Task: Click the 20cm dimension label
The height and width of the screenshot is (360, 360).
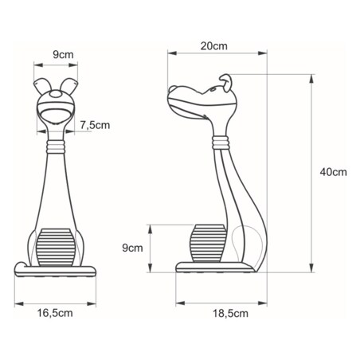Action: [x=211, y=47]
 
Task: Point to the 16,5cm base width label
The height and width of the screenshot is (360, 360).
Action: [x=55, y=313]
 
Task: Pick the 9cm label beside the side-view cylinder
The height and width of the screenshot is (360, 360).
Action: [x=133, y=248]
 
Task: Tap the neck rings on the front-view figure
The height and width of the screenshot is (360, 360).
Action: [x=56, y=146]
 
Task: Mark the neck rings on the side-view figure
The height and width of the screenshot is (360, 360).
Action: [x=223, y=143]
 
